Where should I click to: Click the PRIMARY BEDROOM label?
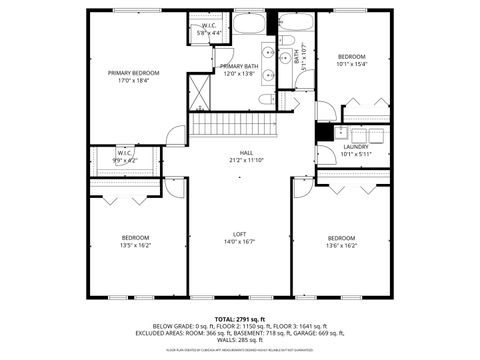pyautogui.click(x=134, y=73)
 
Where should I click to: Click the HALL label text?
pyautogui.click(x=240, y=152)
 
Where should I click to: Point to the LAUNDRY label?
pyautogui.click(x=356, y=147)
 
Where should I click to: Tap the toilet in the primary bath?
pyautogui.click(x=265, y=100)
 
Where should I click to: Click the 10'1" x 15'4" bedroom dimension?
pyautogui.click(x=352, y=64)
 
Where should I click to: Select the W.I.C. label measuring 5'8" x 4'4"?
pyautogui.click(x=210, y=33)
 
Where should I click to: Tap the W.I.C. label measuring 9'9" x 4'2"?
pyautogui.click(x=125, y=160)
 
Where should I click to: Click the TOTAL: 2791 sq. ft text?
pyautogui.click(x=240, y=317)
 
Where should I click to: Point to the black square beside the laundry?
pyautogui.click(x=324, y=131)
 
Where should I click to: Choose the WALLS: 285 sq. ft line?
pyautogui.click(x=240, y=340)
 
